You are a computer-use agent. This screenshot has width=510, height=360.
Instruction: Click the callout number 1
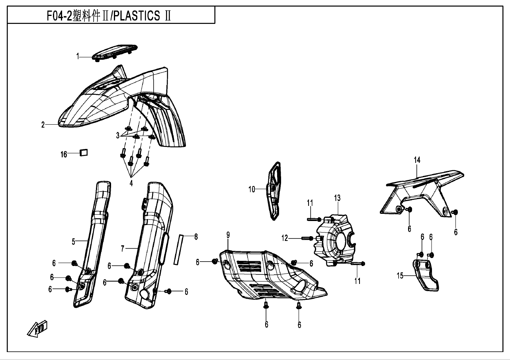[78, 57]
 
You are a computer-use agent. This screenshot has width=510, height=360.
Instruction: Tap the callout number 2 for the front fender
[43, 125]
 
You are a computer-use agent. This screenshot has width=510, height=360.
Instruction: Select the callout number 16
[64, 154]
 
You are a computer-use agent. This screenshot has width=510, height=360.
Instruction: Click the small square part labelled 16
[84, 152]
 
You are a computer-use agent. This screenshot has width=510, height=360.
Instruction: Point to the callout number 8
[196, 237]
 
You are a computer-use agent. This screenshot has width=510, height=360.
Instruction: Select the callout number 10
[252, 189]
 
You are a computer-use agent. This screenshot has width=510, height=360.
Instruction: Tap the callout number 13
[338, 198]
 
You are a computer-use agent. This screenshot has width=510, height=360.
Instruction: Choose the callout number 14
[417, 160]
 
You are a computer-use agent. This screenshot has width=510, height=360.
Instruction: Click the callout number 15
[400, 275]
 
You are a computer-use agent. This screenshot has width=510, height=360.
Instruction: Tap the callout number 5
[74, 241]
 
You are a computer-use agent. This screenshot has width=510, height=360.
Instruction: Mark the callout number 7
[123, 248]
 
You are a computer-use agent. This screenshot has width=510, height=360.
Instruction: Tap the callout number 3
[118, 135]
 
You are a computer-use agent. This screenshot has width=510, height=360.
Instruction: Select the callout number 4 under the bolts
[131, 183]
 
